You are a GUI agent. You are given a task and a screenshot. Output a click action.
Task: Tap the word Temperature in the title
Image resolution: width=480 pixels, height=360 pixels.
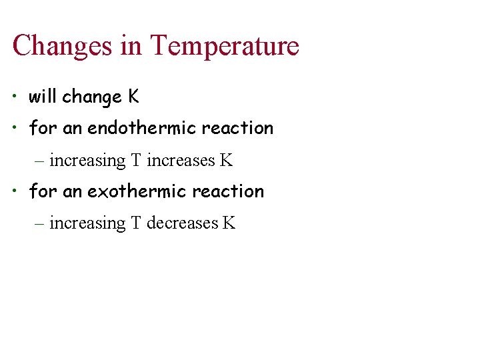tap(225, 46)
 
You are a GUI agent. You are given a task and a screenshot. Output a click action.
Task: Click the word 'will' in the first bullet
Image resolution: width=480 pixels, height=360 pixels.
tap(43, 97)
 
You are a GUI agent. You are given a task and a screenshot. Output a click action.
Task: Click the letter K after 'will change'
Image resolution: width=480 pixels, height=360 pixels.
tap(134, 97)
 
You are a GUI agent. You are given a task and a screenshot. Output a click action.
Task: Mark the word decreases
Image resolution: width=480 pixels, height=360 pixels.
tap(183, 223)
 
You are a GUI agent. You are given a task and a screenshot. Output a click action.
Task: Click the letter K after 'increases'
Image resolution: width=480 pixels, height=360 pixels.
tap(227, 161)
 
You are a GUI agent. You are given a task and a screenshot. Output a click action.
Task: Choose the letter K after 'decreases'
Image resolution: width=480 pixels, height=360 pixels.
tap(229, 223)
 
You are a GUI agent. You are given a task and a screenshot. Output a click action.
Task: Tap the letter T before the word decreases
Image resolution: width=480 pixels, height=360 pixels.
tap(136, 223)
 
